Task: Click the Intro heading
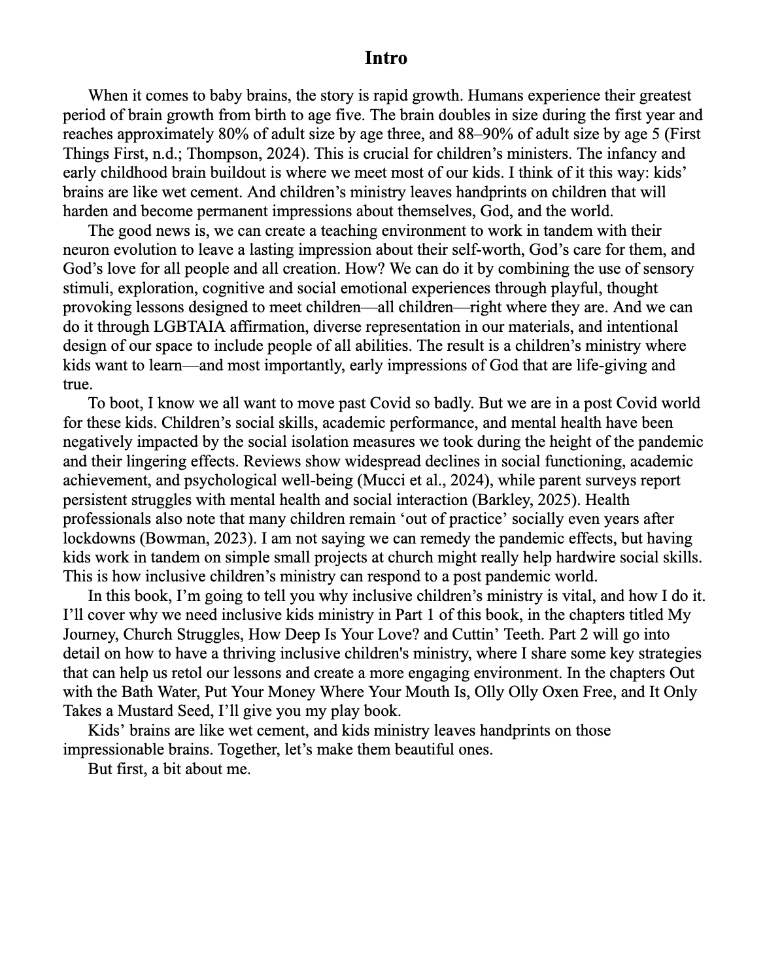click(386, 58)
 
